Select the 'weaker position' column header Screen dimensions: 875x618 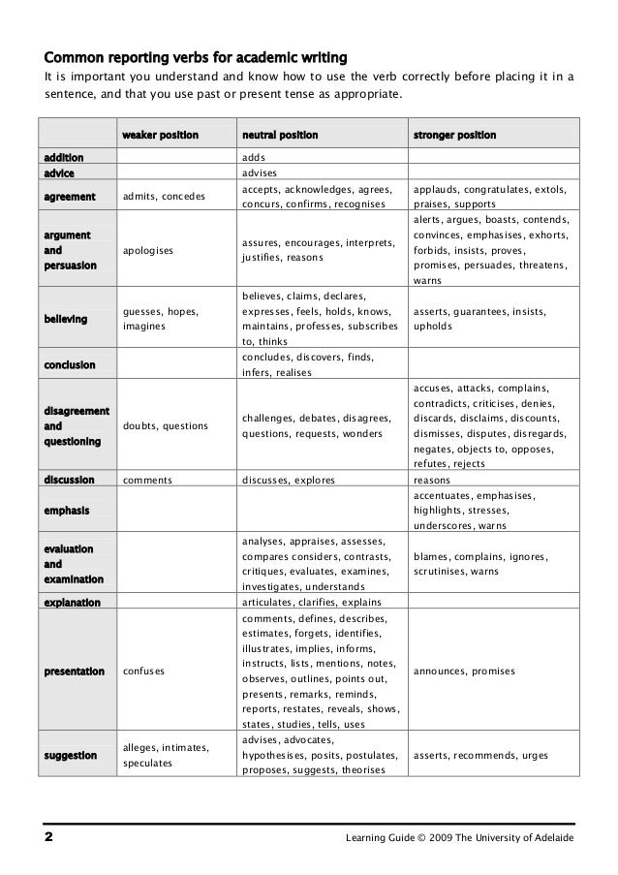[159, 135]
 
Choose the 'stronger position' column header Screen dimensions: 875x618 [454, 135]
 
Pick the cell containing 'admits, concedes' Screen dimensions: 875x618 [164, 197]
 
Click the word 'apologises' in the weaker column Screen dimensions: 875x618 [149, 249]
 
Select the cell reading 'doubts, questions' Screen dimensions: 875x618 [166, 426]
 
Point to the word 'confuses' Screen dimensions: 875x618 [144, 671]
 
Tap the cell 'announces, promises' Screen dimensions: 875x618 [464, 671]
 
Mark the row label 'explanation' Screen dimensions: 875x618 [70, 602]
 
